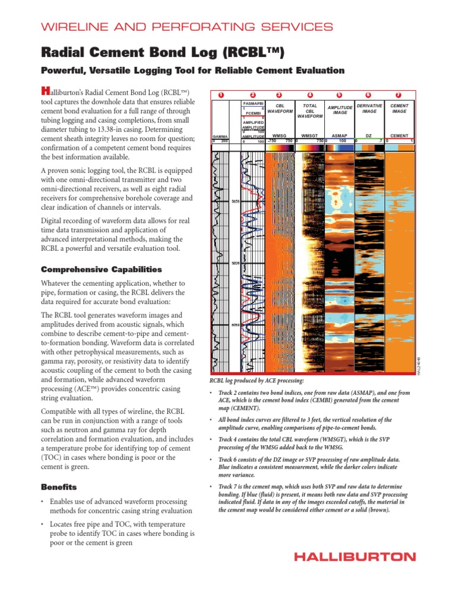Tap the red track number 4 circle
(310, 95)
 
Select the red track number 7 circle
(398, 95)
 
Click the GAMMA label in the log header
(220, 136)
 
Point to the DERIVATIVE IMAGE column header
(369, 108)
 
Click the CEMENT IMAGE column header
(400, 108)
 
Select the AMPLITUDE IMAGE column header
(340, 110)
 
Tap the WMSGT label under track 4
(309, 136)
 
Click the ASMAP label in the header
(340, 136)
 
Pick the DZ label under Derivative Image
(369, 136)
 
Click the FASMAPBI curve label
(254, 103)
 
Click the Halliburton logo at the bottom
(357, 557)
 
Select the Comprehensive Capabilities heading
(101, 269)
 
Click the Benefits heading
(59, 487)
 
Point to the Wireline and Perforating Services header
(186, 27)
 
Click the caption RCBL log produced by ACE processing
(257, 380)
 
